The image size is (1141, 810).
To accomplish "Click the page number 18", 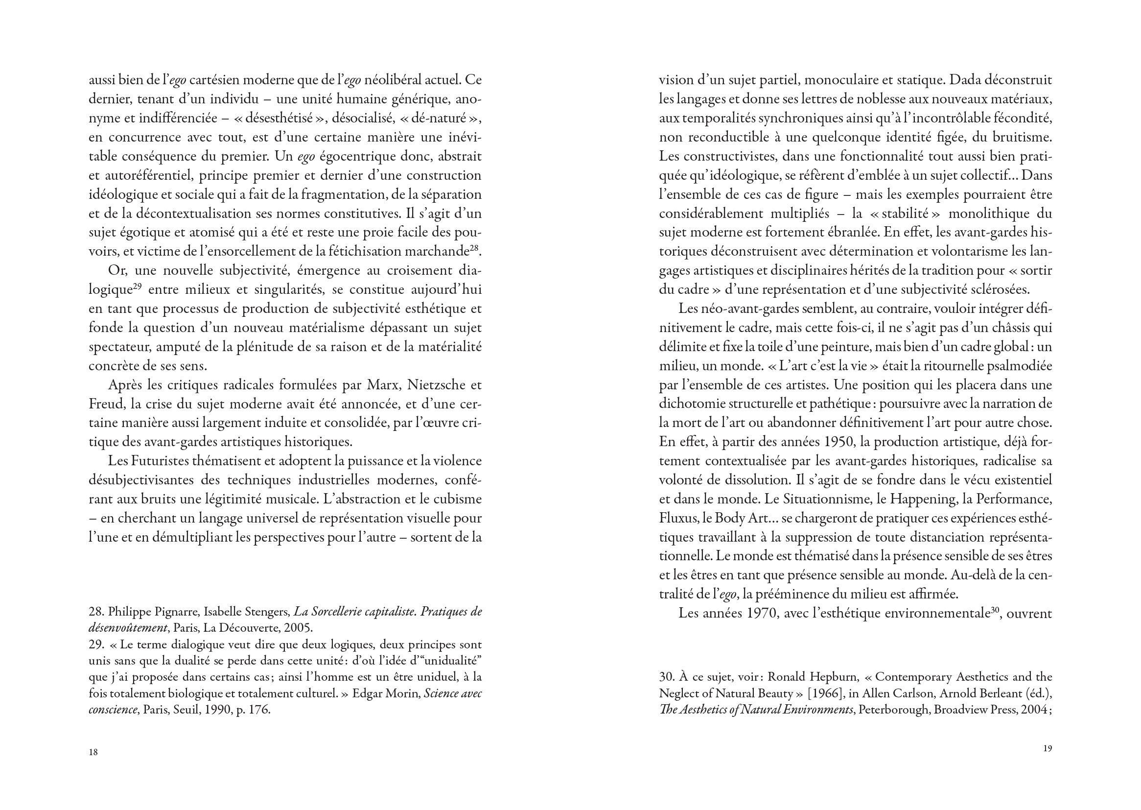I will coord(93,752).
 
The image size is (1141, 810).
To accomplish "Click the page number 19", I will coord(1048,748).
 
